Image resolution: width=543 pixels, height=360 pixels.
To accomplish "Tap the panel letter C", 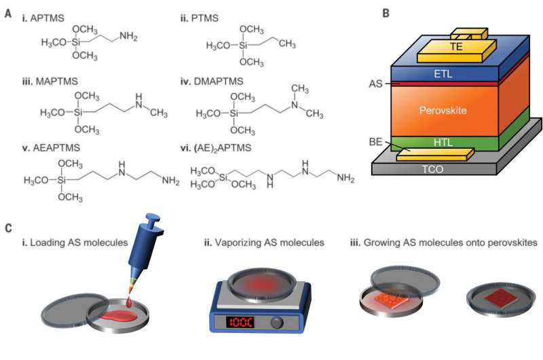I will coord(7,228).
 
